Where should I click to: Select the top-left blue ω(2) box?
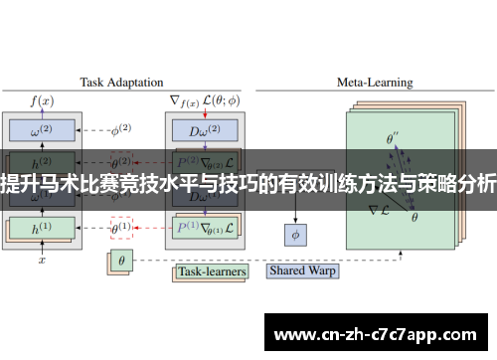click(42, 130)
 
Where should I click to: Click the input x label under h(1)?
click(42, 260)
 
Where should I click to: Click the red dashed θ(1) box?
click(120, 227)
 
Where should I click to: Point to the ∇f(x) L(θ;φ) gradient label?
click(204, 99)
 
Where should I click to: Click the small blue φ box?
click(293, 235)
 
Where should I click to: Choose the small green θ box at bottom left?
click(120, 261)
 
